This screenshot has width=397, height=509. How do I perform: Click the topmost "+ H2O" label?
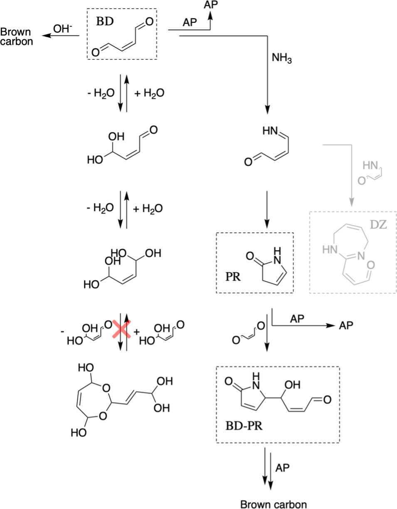click(149, 93)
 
